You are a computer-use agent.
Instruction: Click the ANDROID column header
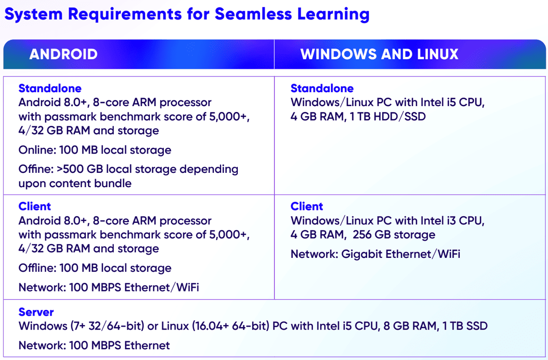64,54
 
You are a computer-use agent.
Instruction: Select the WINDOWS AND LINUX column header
379,54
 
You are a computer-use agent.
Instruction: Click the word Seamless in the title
253,14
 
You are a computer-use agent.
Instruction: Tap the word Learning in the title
333,14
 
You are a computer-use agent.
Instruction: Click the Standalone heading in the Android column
50,88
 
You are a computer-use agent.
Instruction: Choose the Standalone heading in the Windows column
322,88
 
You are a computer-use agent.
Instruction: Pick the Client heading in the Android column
34,206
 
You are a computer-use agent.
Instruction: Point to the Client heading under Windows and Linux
307,206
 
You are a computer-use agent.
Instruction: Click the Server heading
36,312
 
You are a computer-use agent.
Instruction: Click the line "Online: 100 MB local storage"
95,150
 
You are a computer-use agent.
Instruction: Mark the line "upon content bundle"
75,184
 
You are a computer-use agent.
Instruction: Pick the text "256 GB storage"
394,235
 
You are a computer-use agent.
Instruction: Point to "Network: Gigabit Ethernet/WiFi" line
375,254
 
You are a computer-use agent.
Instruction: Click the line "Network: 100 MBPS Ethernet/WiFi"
109,287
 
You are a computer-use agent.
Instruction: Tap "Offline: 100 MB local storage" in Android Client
95,268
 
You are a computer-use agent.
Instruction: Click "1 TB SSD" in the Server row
465,326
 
